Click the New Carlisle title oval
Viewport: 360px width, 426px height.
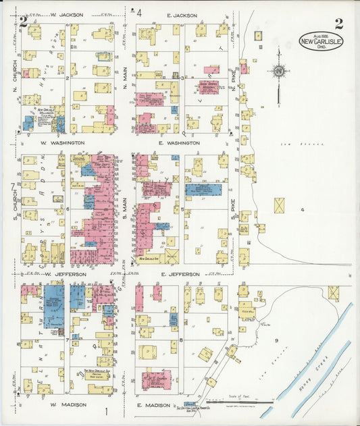pyautogui.click(x=321, y=41)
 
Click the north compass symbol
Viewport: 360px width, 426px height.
pyautogui.click(x=278, y=71)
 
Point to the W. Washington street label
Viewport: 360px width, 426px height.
pyautogui.click(x=63, y=143)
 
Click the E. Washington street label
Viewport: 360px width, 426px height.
pyautogui.click(x=179, y=143)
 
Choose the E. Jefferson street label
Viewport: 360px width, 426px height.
pyautogui.click(x=181, y=275)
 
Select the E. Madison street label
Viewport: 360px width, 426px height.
pyautogui.click(x=156, y=405)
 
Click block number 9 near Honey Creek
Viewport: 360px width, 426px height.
pyautogui.click(x=276, y=341)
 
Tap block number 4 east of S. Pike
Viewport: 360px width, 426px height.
pyautogui.click(x=303, y=211)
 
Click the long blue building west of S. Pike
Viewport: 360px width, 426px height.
pyautogui.click(x=203, y=190)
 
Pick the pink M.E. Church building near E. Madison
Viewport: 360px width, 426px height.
pyautogui.click(x=156, y=379)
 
